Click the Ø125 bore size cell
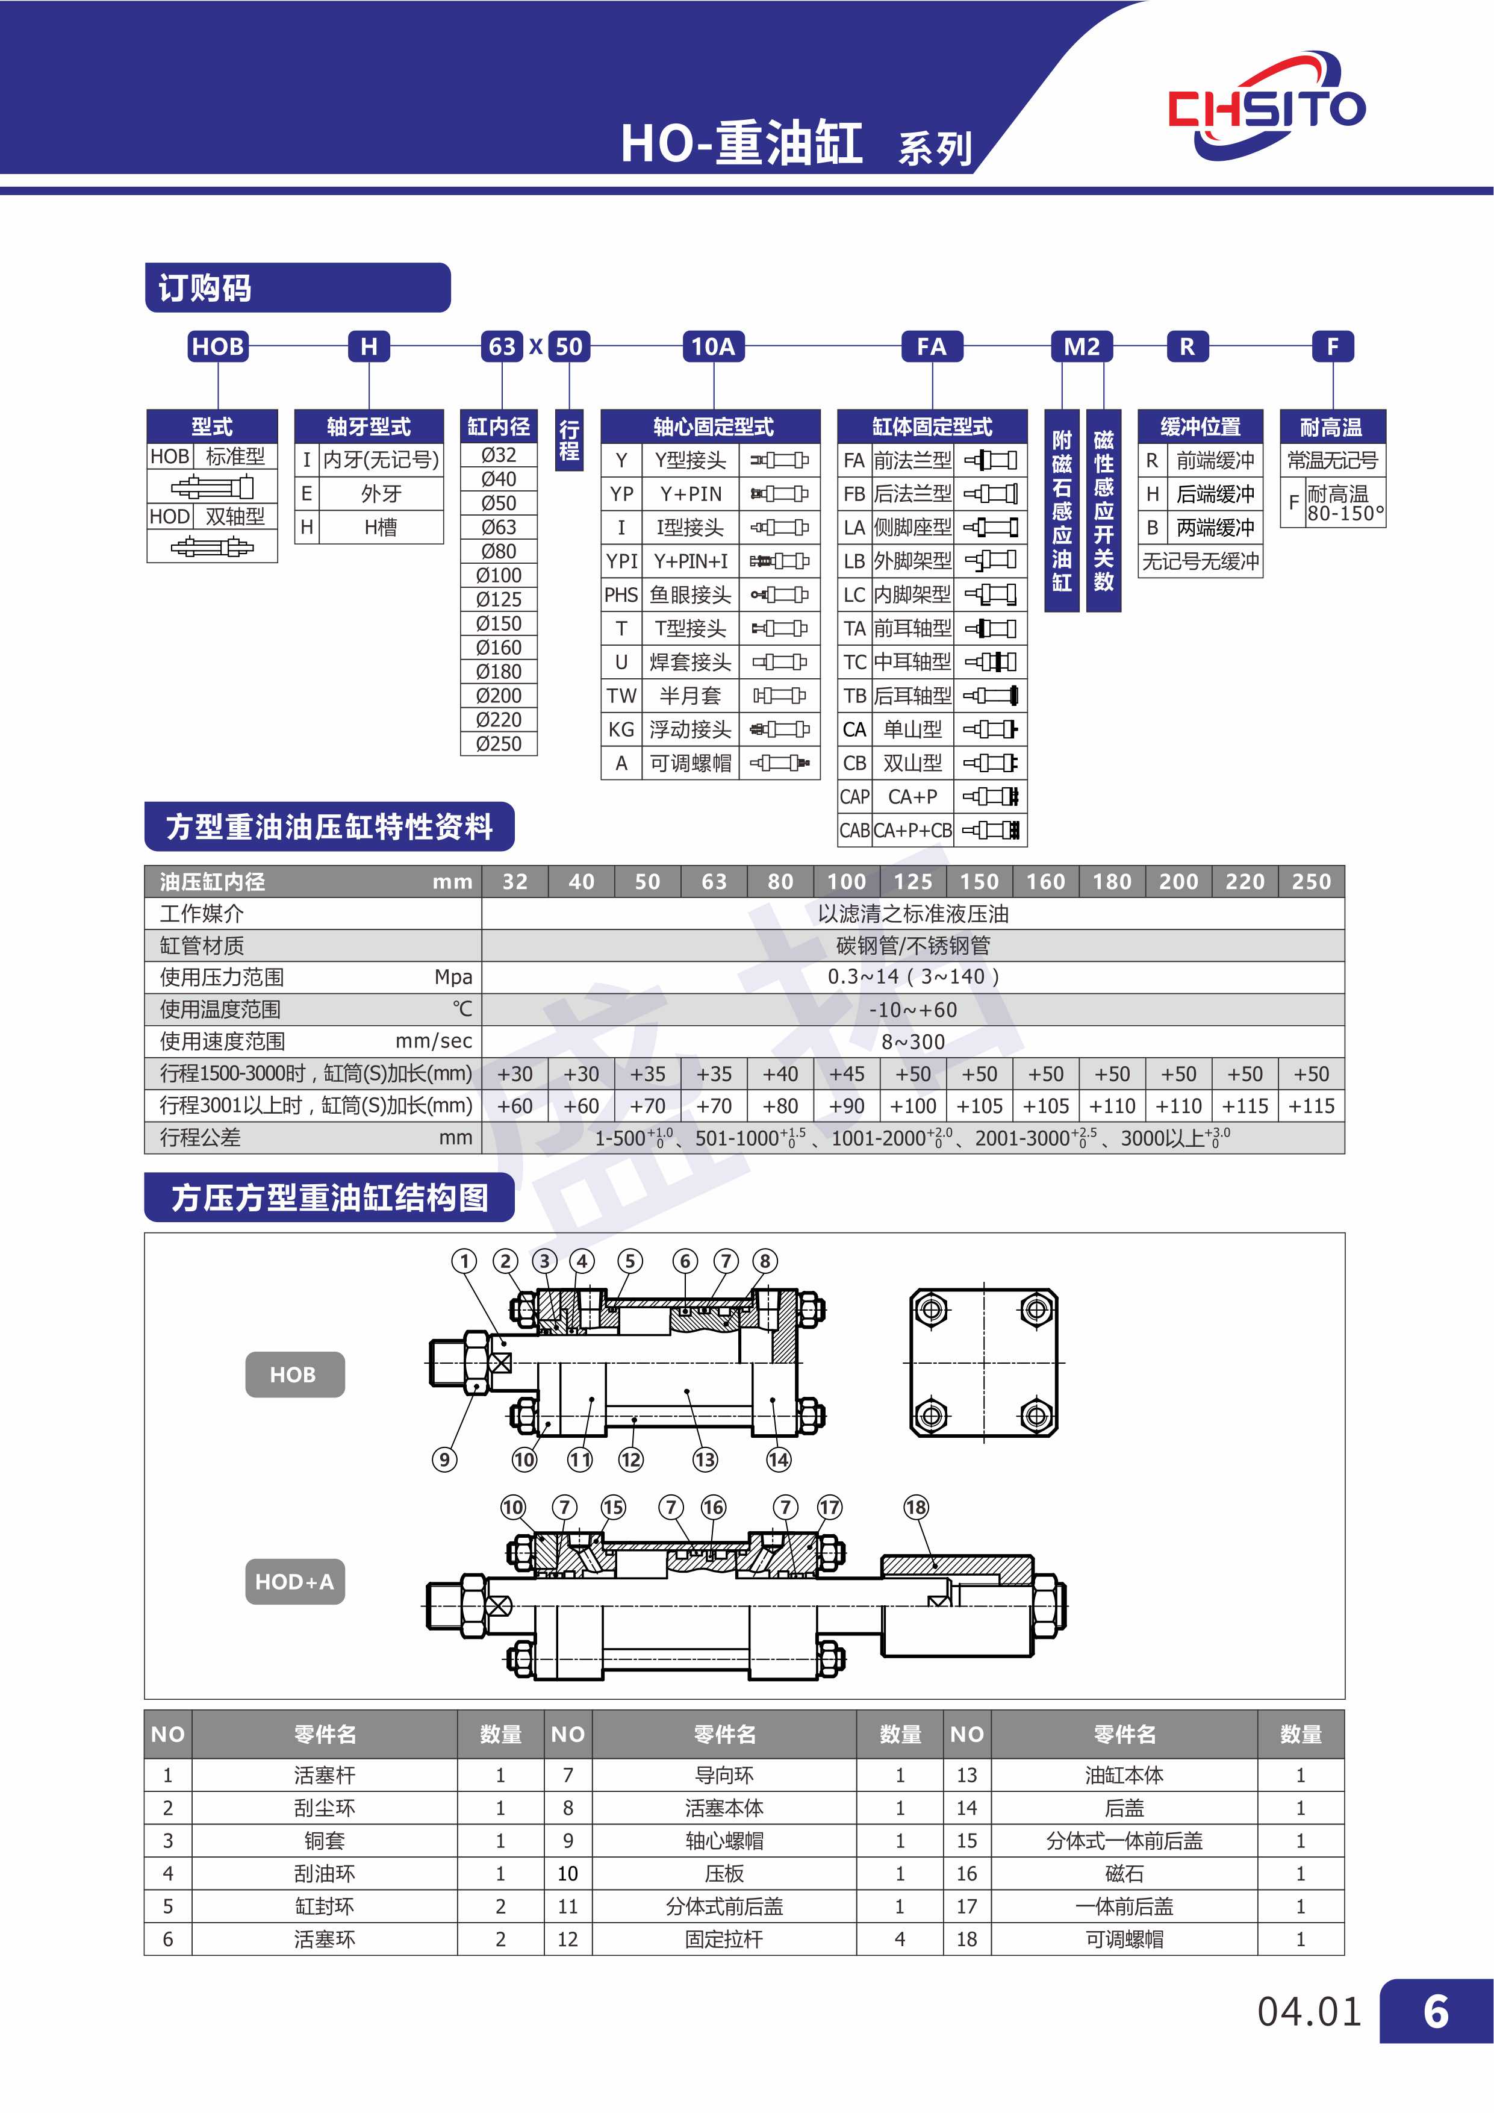pos(499,599)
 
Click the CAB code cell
pos(854,830)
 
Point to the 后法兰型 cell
pos(912,494)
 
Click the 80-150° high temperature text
pos(1346,514)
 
